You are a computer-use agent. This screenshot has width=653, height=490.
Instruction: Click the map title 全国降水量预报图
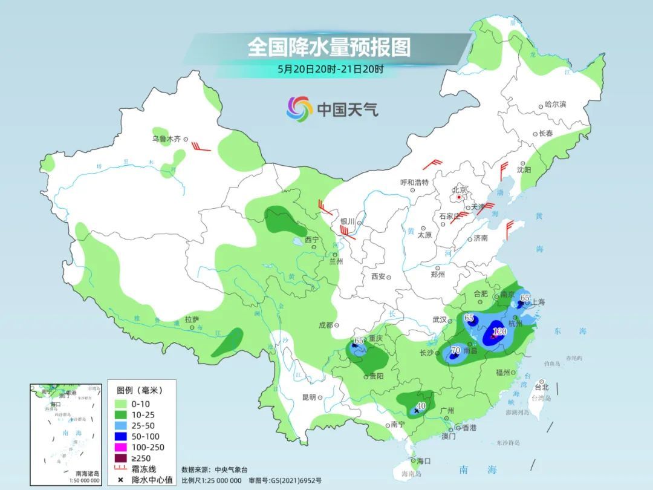tap(329, 47)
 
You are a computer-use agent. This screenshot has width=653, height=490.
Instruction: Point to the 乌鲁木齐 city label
tap(166, 139)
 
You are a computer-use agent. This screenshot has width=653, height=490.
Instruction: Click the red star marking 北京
tap(460, 197)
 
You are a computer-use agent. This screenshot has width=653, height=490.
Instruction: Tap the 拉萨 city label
tap(192, 319)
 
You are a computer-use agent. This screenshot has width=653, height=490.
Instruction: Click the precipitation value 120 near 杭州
tap(499, 332)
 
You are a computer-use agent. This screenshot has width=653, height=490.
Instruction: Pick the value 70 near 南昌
tap(456, 350)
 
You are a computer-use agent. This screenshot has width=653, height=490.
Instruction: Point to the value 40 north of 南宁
tap(422, 405)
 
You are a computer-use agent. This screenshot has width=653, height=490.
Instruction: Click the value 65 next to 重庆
tap(359, 341)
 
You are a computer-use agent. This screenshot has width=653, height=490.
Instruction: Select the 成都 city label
tap(325, 325)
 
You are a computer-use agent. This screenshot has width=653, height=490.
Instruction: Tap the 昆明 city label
tap(308, 397)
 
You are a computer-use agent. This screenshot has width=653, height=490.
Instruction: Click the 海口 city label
tap(424, 461)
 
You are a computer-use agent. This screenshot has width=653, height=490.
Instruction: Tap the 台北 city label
tap(542, 387)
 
